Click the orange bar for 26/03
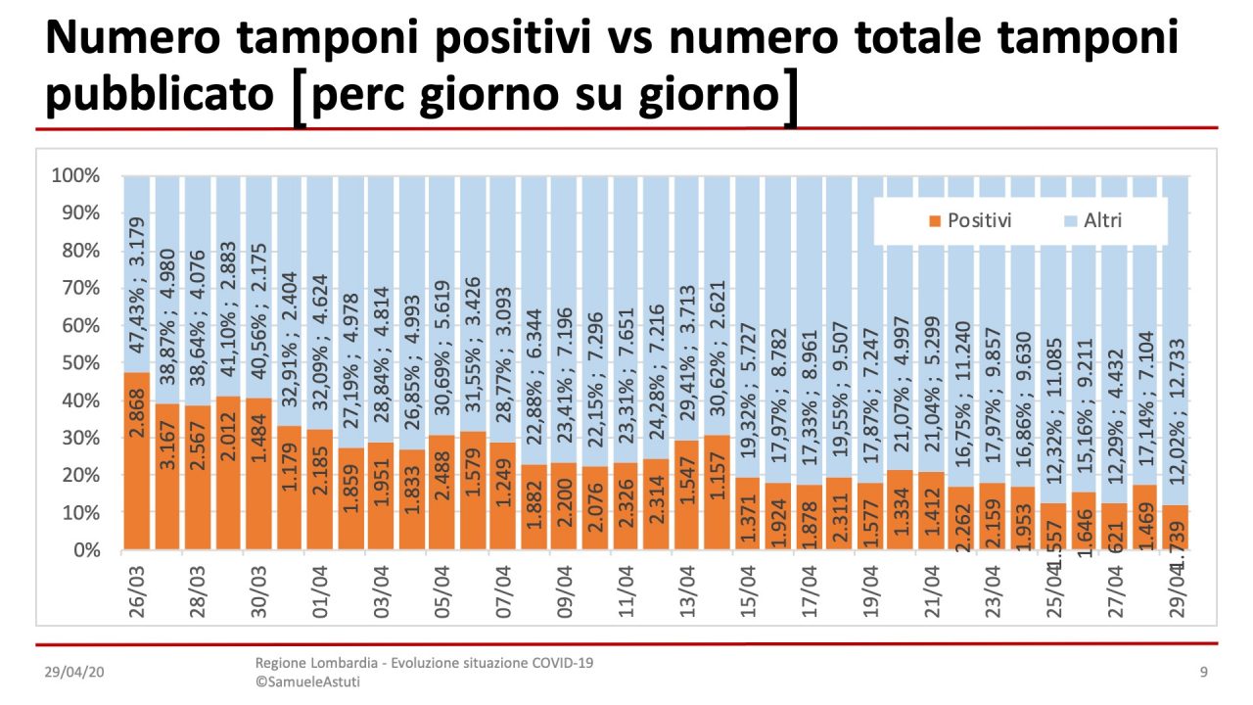[137, 460]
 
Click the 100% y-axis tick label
[75, 176]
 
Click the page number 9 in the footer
[1203, 672]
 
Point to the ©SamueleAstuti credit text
[307, 681]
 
